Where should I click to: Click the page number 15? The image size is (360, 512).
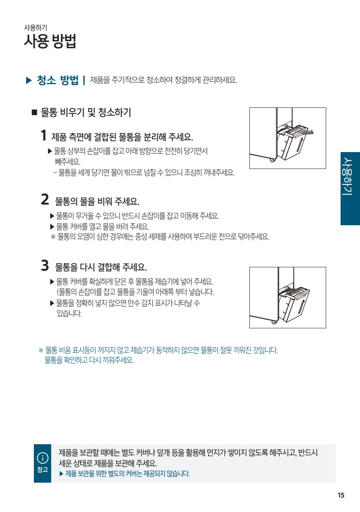pyautogui.click(x=341, y=495)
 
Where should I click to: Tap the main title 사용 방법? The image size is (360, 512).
pyautogui.click(x=50, y=41)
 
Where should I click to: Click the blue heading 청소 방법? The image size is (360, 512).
pyautogui.click(x=57, y=80)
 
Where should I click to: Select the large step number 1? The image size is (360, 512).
pyautogui.click(x=43, y=135)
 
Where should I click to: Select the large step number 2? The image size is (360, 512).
pyautogui.click(x=45, y=199)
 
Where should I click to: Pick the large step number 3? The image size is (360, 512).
pyautogui.click(x=45, y=265)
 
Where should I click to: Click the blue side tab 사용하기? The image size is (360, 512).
pyautogui.click(x=350, y=188)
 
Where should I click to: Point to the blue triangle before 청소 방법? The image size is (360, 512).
pyautogui.click(x=29, y=81)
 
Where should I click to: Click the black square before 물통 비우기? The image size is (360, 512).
pyautogui.click(x=34, y=112)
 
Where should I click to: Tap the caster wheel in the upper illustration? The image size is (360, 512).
pyautogui.click(x=272, y=160)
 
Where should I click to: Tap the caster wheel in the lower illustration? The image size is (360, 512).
pyautogui.click(x=273, y=322)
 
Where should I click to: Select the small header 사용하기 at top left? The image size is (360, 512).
pyautogui.click(x=36, y=28)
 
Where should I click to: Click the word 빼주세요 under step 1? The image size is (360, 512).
pyautogui.click(x=68, y=162)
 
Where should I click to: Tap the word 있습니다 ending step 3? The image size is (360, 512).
pyautogui.click(x=69, y=313)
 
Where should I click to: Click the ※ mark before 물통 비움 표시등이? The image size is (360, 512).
pyautogui.click(x=41, y=350)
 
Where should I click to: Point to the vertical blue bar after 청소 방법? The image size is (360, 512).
pyautogui.click(x=84, y=80)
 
